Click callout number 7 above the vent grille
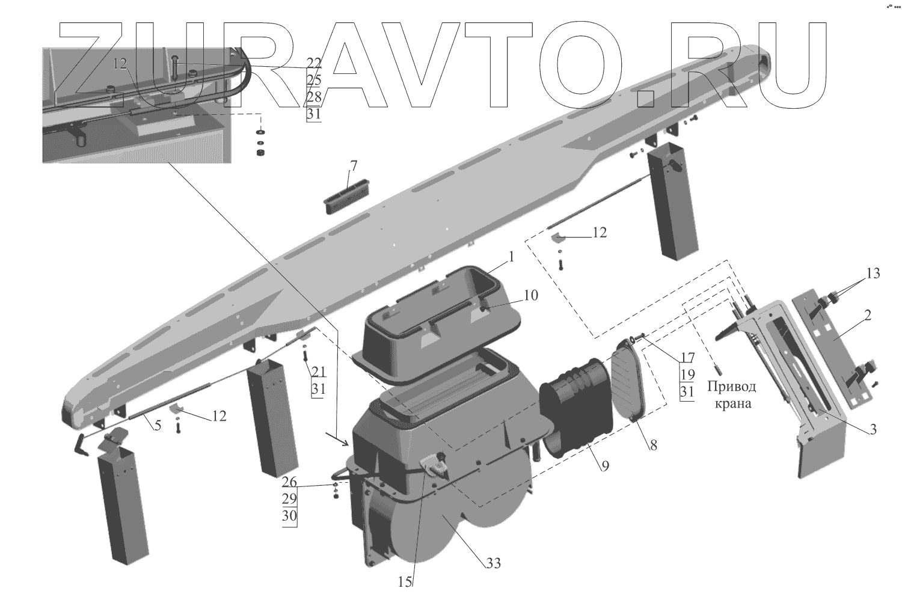[354, 165]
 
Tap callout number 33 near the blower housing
[494, 563]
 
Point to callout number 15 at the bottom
[405, 582]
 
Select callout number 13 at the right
[873, 274]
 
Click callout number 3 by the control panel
[873, 429]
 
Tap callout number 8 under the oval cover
[654, 445]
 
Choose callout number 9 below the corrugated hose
[605, 465]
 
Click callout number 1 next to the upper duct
[511, 257]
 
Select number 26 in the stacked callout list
[289, 482]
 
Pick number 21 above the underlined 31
[318, 372]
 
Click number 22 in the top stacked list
[314, 63]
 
